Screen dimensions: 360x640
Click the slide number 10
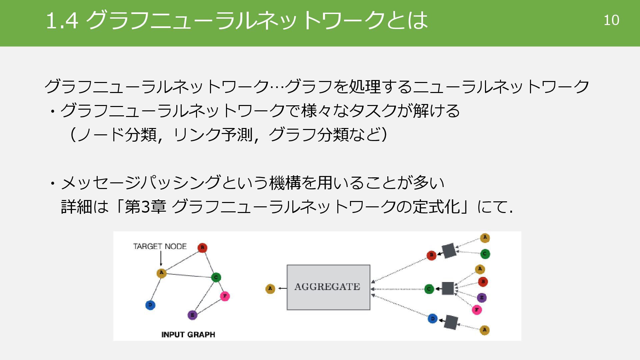pyautogui.click(x=611, y=20)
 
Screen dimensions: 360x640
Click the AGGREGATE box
pyautogui.click(x=328, y=287)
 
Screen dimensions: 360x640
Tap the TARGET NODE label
pyautogui.click(x=160, y=246)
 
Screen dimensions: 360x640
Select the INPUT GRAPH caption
pyautogui.click(x=188, y=334)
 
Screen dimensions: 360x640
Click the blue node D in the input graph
pyautogui.click(x=150, y=305)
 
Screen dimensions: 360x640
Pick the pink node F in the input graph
pyautogui.click(x=225, y=296)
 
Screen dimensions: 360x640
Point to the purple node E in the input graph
pyautogui.click(x=192, y=315)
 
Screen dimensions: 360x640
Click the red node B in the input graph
pyautogui.click(x=202, y=248)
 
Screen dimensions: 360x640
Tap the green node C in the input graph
pyautogui.click(x=216, y=277)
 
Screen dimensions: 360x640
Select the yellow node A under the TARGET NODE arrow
pyautogui.click(x=161, y=273)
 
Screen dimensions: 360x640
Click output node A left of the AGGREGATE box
pyautogui.click(x=270, y=289)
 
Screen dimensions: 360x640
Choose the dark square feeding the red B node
pyautogui.click(x=449, y=251)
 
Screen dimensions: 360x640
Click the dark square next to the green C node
pyautogui.click(x=448, y=288)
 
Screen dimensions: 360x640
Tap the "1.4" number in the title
pyautogui.click(x=62, y=21)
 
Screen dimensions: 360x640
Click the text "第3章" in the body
pyautogui.click(x=145, y=207)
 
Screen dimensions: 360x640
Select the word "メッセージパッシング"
pyautogui.click(x=140, y=183)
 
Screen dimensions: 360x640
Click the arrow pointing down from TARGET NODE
pyautogui.click(x=161, y=258)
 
